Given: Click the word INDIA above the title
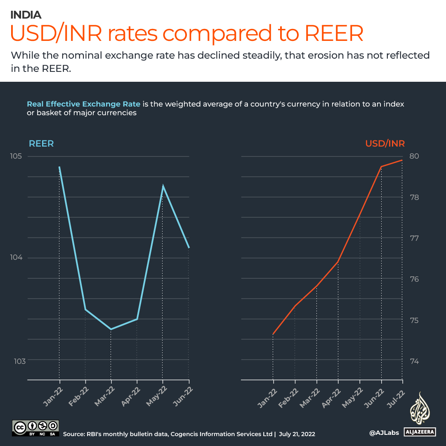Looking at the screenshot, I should pyautogui.click(x=26, y=15).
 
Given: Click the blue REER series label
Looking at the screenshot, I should pyautogui.click(x=41, y=144).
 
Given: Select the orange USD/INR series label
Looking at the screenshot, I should pyautogui.click(x=385, y=144).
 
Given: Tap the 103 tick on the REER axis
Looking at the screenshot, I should pyautogui.click(x=19, y=361).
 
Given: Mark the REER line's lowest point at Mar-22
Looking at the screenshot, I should pyautogui.click(x=111, y=329).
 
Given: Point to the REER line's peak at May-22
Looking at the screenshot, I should pyautogui.click(x=163, y=186).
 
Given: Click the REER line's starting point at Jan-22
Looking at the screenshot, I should pyautogui.click(x=59, y=167).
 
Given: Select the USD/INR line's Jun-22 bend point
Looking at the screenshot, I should pyautogui.click(x=381, y=166).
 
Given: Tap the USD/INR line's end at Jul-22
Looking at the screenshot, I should pyautogui.click(x=402, y=160).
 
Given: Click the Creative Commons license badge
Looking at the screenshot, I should pyautogui.click(x=35, y=428).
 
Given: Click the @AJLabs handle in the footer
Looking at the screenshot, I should pyautogui.click(x=384, y=433).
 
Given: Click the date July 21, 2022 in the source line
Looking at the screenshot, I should pyautogui.click(x=297, y=434).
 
